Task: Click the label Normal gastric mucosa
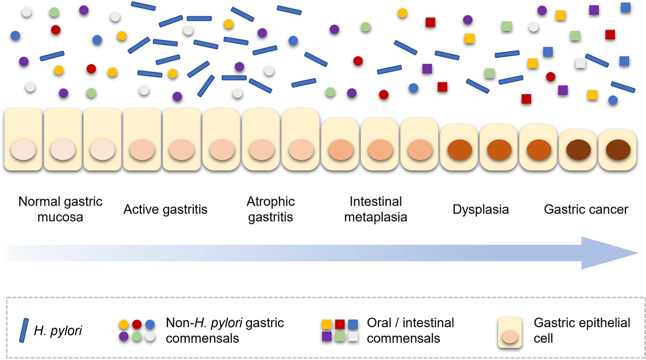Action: (x=60, y=209)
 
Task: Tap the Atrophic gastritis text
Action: (x=271, y=209)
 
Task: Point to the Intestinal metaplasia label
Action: (x=376, y=209)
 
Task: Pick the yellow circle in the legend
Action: (x=123, y=324)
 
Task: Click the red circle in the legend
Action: (x=137, y=324)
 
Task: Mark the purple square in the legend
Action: (x=326, y=336)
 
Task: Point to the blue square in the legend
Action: (x=353, y=324)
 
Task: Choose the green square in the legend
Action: (x=339, y=336)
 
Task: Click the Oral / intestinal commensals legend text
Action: (x=410, y=330)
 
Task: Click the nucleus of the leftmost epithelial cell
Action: (x=24, y=149)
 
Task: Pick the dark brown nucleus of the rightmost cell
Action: (x=619, y=149)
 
